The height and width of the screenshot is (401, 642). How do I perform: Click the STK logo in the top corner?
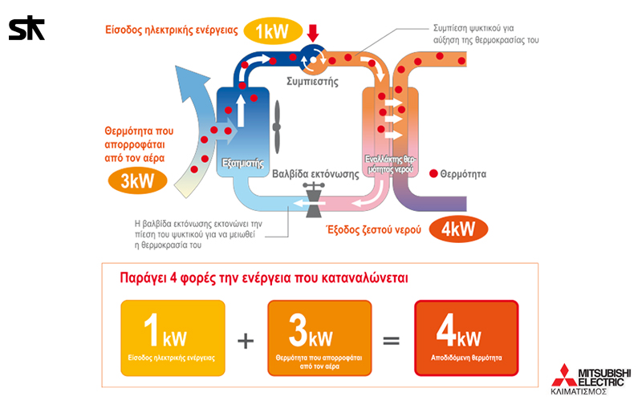click(26, 29)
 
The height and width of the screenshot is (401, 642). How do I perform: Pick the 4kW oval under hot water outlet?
click(459, 229)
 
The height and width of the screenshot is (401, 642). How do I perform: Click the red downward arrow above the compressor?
click(313, 33)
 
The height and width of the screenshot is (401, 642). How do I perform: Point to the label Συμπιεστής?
click(312, 81)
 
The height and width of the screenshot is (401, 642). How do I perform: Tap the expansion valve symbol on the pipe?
click(313, 197)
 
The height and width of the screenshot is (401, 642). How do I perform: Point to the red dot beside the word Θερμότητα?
click(433, 173)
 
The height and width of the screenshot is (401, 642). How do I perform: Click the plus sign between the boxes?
click(246, 339)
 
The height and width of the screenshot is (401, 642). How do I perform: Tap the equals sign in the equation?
click(391, 339)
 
